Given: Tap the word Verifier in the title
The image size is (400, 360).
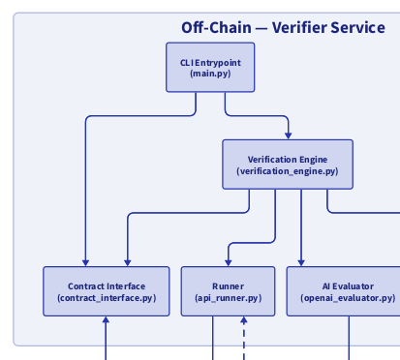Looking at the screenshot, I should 299,27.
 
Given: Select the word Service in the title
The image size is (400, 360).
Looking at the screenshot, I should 357,27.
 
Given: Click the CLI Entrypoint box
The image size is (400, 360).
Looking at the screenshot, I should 210,68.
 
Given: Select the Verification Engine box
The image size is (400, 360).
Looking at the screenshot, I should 287,164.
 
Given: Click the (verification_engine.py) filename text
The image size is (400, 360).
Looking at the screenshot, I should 287,171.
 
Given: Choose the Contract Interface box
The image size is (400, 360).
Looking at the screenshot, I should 107,291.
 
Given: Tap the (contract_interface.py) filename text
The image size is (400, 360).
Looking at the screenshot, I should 107,299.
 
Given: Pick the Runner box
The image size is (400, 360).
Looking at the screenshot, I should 229,291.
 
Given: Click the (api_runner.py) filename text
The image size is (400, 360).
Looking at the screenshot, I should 229,299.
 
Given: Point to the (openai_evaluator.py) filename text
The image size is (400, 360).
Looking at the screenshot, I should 348,299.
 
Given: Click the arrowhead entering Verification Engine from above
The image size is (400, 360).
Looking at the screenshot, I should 288,135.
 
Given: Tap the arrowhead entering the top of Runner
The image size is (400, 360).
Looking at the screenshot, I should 229,261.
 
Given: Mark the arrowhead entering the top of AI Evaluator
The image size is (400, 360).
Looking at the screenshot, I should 301,261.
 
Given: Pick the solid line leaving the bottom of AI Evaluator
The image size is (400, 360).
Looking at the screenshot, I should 349,339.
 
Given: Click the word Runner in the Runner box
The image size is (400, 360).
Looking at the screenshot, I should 229,286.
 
